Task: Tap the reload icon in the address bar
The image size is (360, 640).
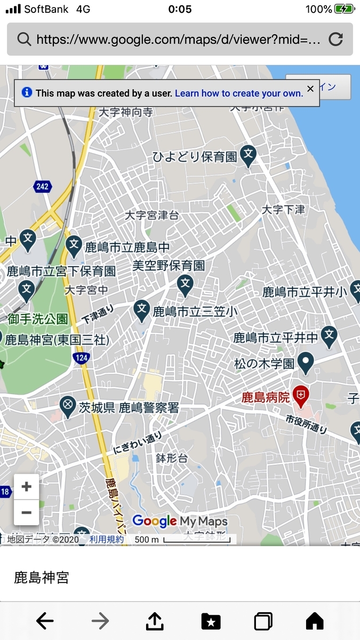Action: click(335, 39)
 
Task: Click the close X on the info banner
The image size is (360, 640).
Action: click(310, 89)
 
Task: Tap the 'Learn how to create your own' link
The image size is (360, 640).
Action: click(238, 93)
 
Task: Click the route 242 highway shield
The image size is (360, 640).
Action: click(42, 187)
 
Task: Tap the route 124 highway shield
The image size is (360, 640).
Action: click(81, 358)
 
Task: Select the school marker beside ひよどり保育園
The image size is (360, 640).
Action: click(248, 155)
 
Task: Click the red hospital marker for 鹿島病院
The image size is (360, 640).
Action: click(301, 395)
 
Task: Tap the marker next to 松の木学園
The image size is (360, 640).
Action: click(306, 363)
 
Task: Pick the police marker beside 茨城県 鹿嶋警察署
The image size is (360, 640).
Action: click(67, 407)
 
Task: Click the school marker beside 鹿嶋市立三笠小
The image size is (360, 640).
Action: click(141, 310)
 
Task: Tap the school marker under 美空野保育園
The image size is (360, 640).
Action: click(185, 285)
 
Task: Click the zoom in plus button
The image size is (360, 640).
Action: click(26, 486)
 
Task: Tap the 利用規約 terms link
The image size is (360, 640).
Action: click(106, 539)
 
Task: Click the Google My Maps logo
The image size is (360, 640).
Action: click(180, 521)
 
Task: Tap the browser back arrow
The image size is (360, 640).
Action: click(45, 621)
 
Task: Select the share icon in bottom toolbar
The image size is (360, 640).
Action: click(154, 621)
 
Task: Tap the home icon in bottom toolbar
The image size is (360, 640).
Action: click(315, 621)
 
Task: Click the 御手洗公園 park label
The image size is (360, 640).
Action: click(38, 319)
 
